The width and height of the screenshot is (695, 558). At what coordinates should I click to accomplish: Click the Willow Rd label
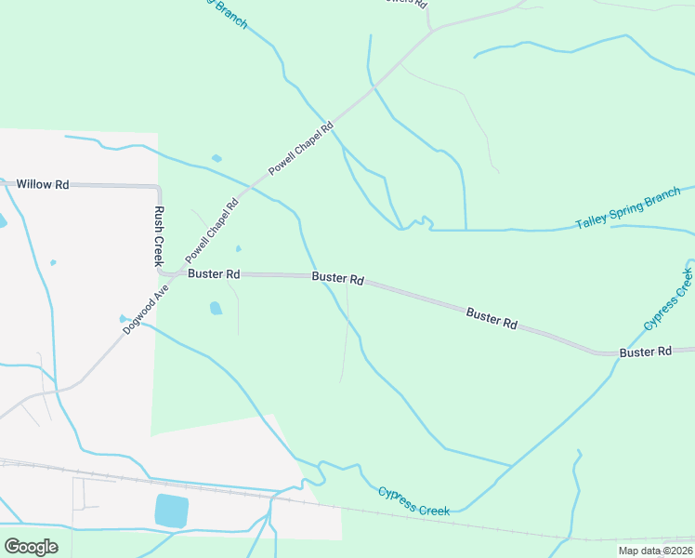pos(43,185)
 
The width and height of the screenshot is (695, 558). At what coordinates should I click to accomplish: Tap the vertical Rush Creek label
pos(159,236)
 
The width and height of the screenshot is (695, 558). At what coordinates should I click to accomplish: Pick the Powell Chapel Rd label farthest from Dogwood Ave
pos(301,149)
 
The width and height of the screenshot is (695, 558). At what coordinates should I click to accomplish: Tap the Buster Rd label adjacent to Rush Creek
pos(214,274)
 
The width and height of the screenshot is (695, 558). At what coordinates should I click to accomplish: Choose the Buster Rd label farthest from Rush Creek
pos(645,352)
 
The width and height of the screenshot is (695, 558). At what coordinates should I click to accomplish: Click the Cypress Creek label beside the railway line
pos(413,500)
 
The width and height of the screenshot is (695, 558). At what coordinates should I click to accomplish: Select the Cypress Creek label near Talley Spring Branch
pos(668,299)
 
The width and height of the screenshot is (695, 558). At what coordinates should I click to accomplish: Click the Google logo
pos(31,547)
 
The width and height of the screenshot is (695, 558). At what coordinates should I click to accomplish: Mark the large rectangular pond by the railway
pos(172,511)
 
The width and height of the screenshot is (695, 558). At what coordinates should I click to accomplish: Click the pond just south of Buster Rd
pos(216,308)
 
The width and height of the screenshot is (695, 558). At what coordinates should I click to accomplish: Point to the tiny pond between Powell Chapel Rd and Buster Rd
pos(239,248)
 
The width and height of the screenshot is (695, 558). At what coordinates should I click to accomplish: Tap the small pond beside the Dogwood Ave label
pos(123,318)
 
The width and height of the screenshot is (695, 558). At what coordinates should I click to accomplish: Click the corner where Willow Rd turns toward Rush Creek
pos(155,187)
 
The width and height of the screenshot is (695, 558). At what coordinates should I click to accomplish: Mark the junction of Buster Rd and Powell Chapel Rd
pos(166,274)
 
